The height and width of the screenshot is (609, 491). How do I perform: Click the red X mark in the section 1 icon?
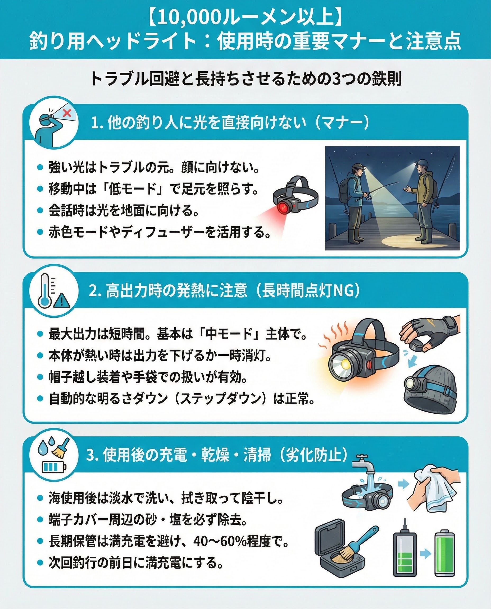[x=67, y=113]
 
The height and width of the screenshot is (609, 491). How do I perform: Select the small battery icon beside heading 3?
[x=54, y=467]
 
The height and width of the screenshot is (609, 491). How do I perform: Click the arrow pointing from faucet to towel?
[x=404, y=484]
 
